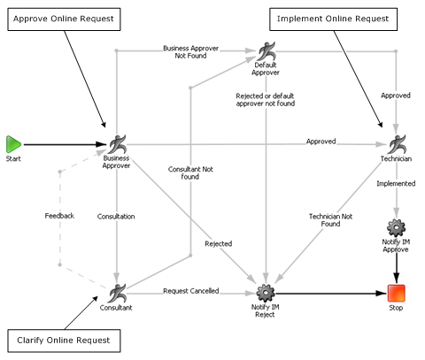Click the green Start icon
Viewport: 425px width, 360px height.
[13, 143]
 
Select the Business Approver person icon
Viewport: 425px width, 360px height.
[116, 143]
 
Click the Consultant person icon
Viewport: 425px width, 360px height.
[116, 292]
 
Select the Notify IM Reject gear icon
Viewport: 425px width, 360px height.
[266, 292]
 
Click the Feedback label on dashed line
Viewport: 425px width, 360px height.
[60, 215]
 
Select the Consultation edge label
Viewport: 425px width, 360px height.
[116, 215]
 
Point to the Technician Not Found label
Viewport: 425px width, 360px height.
[330, 219]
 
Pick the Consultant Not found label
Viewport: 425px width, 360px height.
[189, 172]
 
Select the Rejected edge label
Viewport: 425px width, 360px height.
[218, 243]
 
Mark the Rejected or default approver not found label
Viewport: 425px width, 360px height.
[266, 99]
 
